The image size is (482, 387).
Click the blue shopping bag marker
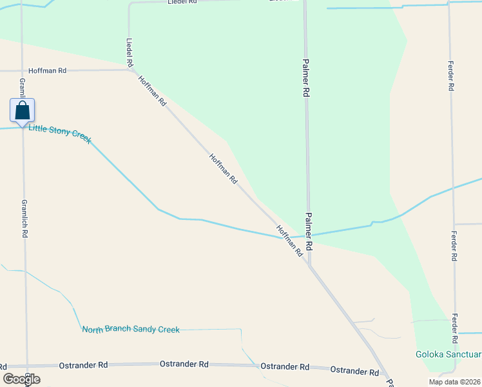23,110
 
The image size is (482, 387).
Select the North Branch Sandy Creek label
131,329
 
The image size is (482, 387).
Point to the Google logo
21,379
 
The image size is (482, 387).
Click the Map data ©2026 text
454,381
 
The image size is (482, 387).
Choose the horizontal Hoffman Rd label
48,71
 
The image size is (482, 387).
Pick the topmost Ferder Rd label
452,75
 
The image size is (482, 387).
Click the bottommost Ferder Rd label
455,330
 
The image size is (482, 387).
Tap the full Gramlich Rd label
24,218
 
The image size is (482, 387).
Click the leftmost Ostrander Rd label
83,365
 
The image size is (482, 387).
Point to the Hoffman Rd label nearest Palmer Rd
289,241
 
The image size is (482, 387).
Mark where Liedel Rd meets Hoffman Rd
131,70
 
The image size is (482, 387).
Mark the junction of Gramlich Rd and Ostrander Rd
26,366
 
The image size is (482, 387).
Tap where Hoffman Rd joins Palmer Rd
310,265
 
